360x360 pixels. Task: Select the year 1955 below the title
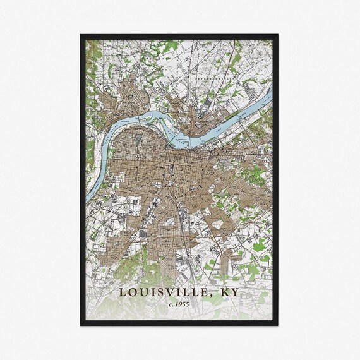click(x=183, y=305)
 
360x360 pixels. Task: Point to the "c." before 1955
click(x=171, y=305)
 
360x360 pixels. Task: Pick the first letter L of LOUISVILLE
click(x=123, y=292)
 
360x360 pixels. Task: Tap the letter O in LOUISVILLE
click(x=132, y=292)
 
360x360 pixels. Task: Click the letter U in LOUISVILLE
click(x=143, y=292)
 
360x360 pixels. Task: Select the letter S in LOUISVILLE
click(x=160, y=292)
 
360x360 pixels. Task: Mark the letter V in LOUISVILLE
click(x=169, y=292)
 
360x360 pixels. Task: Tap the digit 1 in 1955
click(x=177, y=305)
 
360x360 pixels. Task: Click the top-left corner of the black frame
click(x=81, y=35)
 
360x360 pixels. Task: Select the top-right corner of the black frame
click(x=279, y=35)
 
